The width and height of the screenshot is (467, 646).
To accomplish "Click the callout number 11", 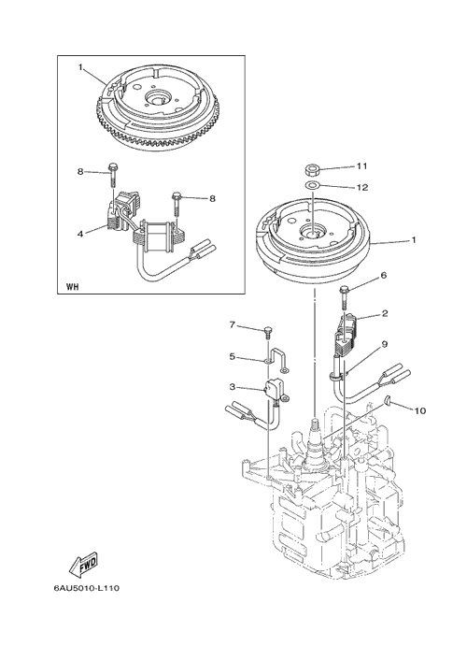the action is click(361, 166).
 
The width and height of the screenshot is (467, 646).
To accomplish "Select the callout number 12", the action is click(362, 188).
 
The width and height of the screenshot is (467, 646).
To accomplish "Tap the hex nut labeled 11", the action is click(313, 169).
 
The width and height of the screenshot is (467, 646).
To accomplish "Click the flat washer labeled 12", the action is click(313, 184).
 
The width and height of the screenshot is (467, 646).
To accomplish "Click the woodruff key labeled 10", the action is click(388, 399).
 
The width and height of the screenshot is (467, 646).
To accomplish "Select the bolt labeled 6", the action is click(344, 297).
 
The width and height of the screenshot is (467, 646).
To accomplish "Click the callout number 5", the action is click(233, 356).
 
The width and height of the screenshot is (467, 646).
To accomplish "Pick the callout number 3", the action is click(233, 386).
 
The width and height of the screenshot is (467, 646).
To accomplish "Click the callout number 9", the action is click(384, 344).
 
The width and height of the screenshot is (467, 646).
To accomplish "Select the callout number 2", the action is click(385, 313).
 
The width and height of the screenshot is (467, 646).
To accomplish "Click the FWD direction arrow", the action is click(83, 563).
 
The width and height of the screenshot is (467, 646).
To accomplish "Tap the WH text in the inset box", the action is click(72, 287).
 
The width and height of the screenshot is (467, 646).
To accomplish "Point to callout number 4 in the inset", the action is click(80, 234).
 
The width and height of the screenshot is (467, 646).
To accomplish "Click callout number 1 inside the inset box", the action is click(80, 66).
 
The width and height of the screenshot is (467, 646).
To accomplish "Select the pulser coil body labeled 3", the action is click(273, 388).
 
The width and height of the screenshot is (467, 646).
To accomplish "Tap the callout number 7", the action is click(233, 325).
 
